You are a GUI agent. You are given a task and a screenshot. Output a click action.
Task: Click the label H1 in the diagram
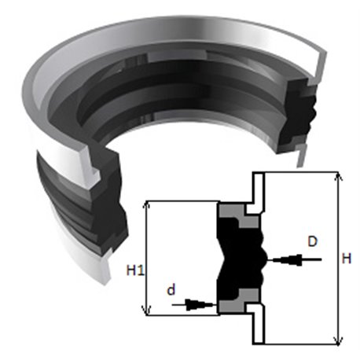(x=135, y=270)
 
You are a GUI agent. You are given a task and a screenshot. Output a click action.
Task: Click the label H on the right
(x=347, y=259)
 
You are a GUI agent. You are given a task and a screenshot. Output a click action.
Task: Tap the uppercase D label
(x=312, y=241)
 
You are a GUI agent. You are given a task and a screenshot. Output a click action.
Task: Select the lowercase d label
(x=171, y=290)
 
